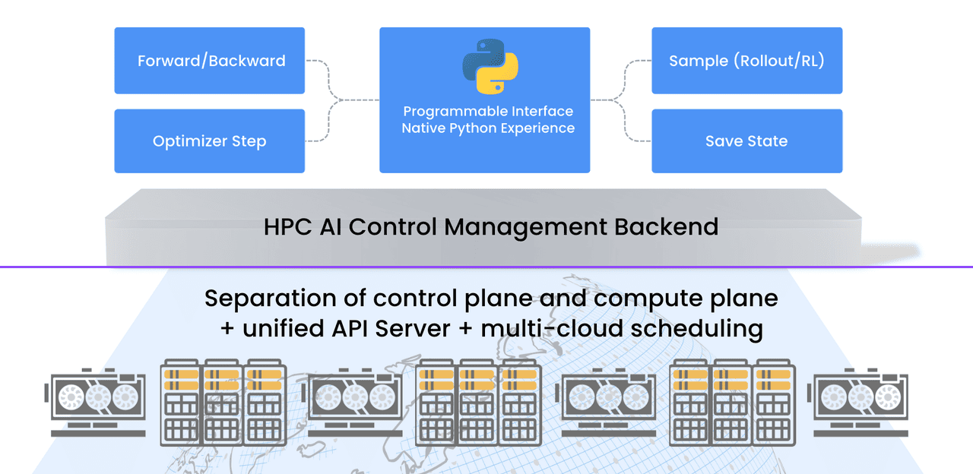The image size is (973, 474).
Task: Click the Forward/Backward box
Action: (x=210, y=61)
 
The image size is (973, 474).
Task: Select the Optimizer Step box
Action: (x=210, y=141)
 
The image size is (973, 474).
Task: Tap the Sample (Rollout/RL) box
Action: (x=746, y=61)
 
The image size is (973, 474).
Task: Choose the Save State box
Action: (x=746, y=141)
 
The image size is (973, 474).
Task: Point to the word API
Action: (x=372, y=329)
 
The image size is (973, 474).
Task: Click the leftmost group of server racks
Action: (x=224, y=403)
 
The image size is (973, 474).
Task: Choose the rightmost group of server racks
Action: (x=734, y=403)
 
